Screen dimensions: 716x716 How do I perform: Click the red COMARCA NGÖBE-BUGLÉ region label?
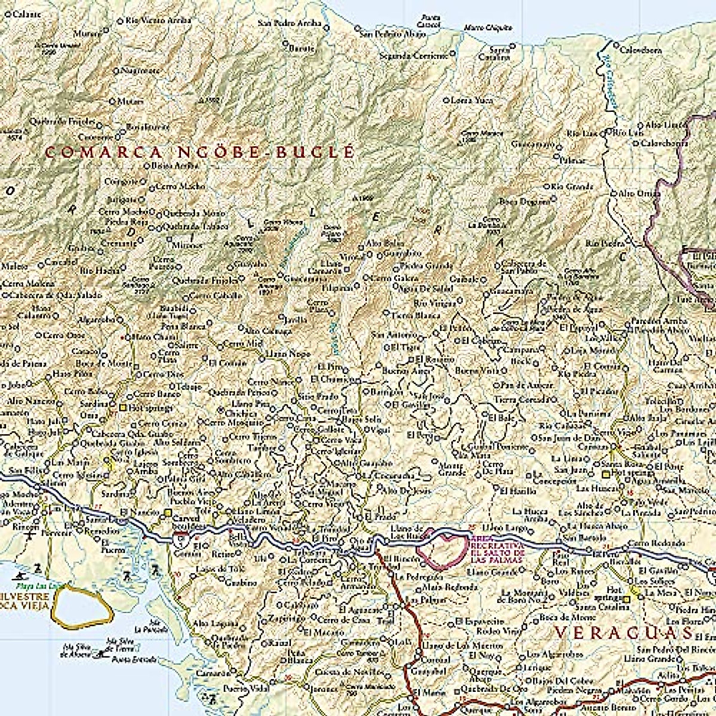(200, 152)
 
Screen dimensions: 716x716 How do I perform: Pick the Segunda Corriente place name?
(413, 55)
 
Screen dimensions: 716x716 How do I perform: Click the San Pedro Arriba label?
(289, 24)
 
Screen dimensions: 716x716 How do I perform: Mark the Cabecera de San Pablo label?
(523, 266)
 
